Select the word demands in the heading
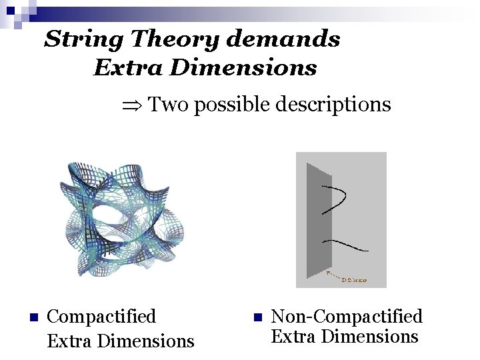[x=283, y=40]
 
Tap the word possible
[x=230, y=105]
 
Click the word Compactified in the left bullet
[x=102, y=316]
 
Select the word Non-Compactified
[x=347, y=316]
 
